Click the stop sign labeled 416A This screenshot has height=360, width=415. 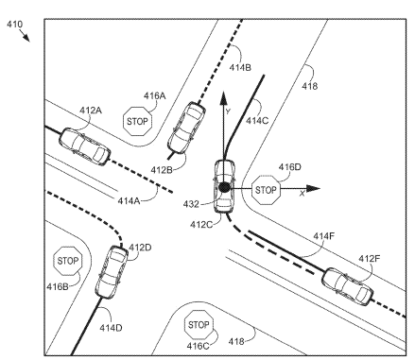tap(137, 121)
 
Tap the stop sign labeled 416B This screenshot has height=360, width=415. tap(68, 261)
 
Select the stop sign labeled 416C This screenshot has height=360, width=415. tap(199, 325)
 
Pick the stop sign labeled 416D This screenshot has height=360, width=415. tap(267, 190)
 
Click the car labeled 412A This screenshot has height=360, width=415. tap(84, 146)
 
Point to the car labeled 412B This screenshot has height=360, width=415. tap(186, 128)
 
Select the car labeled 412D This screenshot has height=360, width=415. tap(112, 272)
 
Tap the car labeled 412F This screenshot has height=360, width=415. tap(348, 286)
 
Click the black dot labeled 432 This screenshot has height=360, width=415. tap(224, 188)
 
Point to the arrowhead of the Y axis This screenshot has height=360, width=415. tap(223, 97)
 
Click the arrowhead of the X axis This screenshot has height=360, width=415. tap(313, 189)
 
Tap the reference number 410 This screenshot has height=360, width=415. tap(15, 25)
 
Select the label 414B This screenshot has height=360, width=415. tap(240, 67)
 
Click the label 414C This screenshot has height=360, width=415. tap(257, 121)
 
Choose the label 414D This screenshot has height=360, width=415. tap(111, 328)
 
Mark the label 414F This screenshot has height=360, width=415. tap(324, 236)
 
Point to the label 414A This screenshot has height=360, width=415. tap(129, 200)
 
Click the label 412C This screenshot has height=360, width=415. tap(201, 225)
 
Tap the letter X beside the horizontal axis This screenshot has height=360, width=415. tap(303, 194)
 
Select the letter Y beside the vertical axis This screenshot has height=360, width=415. tap(228, 111)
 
